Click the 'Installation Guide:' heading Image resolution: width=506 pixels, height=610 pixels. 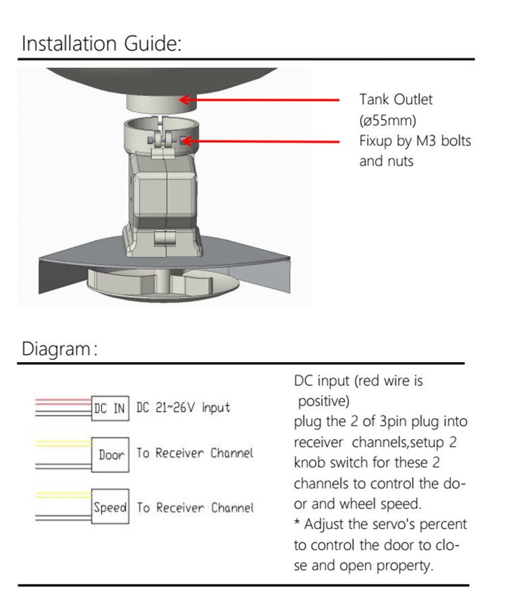pyautogui.click(x=101, y=45)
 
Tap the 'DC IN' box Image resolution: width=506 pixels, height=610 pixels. pyautogui.click(x=110, y=408)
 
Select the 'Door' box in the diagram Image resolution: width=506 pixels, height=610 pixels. pyautogui.click(x=111, y=455)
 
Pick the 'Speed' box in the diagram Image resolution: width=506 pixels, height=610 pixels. pyautogui.click(x=111, y=507)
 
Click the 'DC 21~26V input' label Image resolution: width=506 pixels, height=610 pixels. pyautogui.click(x=183, y=407)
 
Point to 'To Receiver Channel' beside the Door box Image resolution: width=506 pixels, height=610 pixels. pyautogui.click(x=195, y=453)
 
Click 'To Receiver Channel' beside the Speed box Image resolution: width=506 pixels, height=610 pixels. pyautogui.click(x=195, y=507)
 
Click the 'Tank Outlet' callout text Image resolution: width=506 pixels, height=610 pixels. pyautogui.click(x=395, y=99)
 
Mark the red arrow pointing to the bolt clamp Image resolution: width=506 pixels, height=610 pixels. pyautogui.click(x=263, y=141)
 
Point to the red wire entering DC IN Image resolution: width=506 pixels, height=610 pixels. pyautogui.click(x=64, y=400)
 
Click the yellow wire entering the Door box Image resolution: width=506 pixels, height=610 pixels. pyautogui.click(x=64, y=443)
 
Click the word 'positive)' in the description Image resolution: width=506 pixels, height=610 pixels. pyautogui.click(x=323, y=401)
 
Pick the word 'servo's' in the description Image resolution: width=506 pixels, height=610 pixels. pyautogui.click(x=399, y=524)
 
